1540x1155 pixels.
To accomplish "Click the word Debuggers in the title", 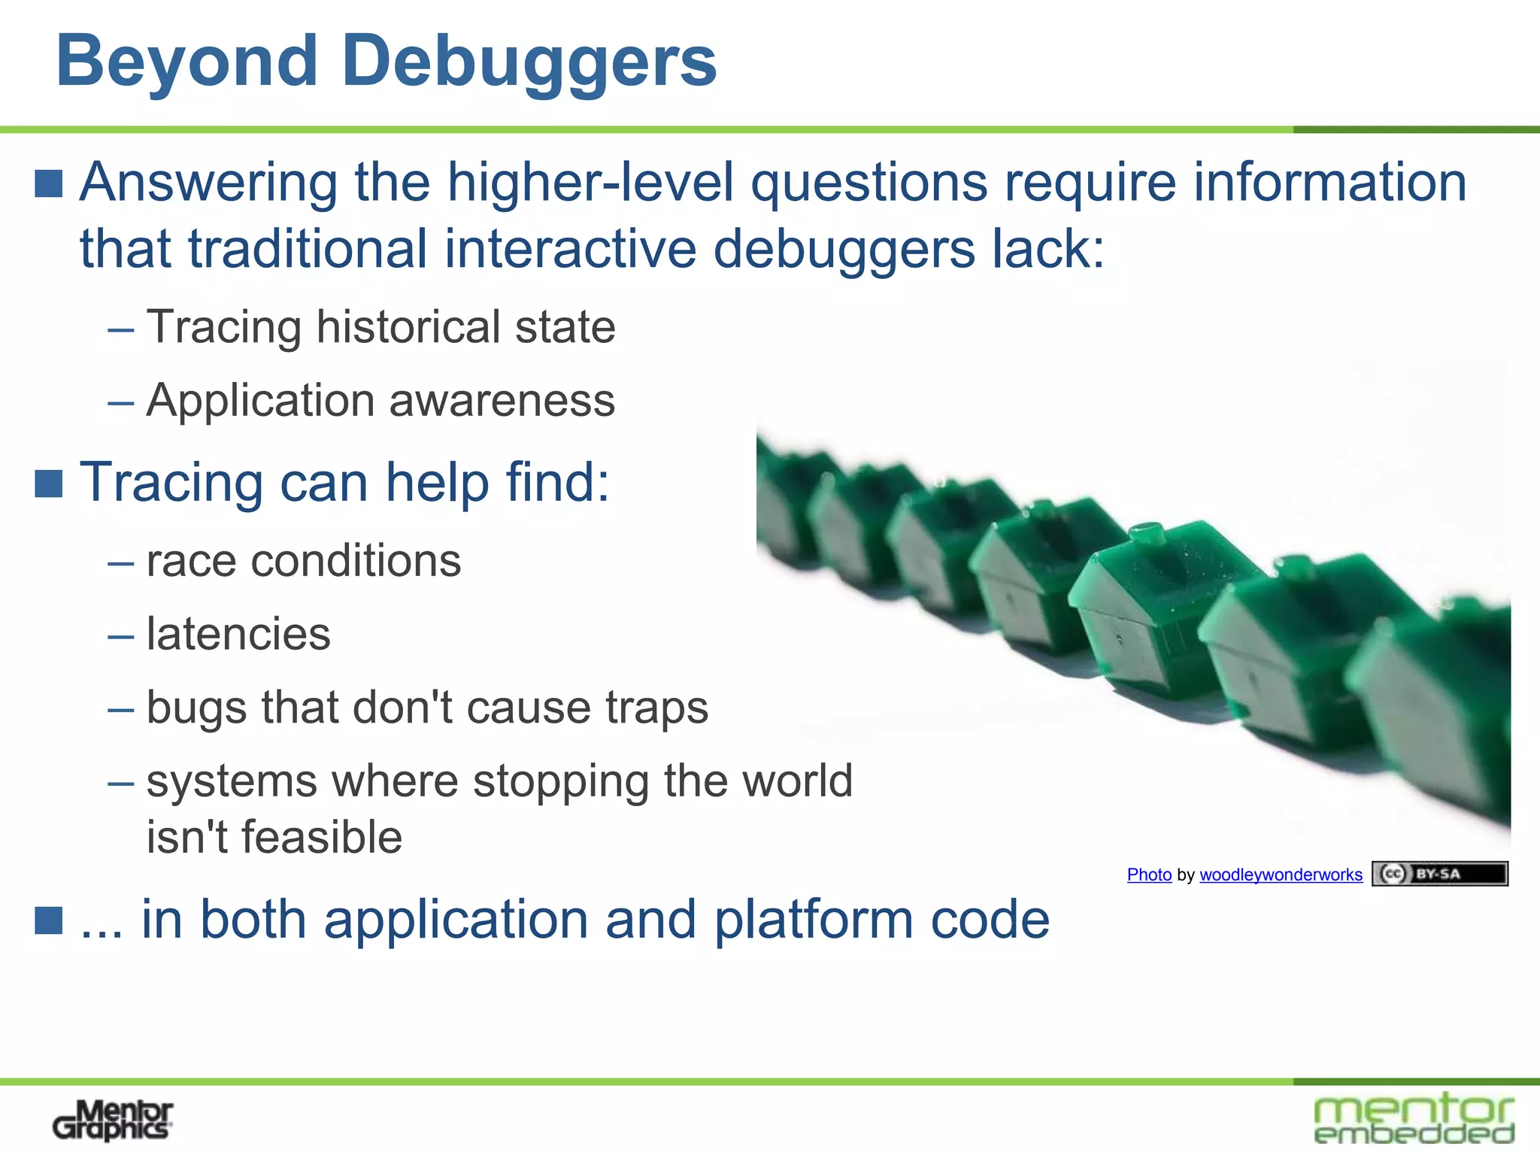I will click(529, 62).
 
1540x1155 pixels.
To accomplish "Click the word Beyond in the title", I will click(186, 62).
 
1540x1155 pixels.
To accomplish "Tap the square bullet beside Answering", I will click(49, 183).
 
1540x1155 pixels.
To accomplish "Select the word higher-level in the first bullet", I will click(590, 183).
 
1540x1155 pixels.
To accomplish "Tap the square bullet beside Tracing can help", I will click(49, 484).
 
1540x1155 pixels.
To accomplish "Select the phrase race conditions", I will click(303, 561).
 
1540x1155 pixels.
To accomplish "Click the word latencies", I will click(238, 634).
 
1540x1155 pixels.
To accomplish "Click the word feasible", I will click(274, 837).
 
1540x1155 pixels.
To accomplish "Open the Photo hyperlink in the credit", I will click(1149, 875).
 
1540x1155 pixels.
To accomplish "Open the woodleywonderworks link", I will click(1281, 875).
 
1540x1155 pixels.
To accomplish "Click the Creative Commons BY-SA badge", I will click(1439, 874).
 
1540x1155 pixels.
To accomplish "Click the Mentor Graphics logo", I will click(113, 1120).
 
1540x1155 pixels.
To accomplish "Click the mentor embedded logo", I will click(1414, 1119).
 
